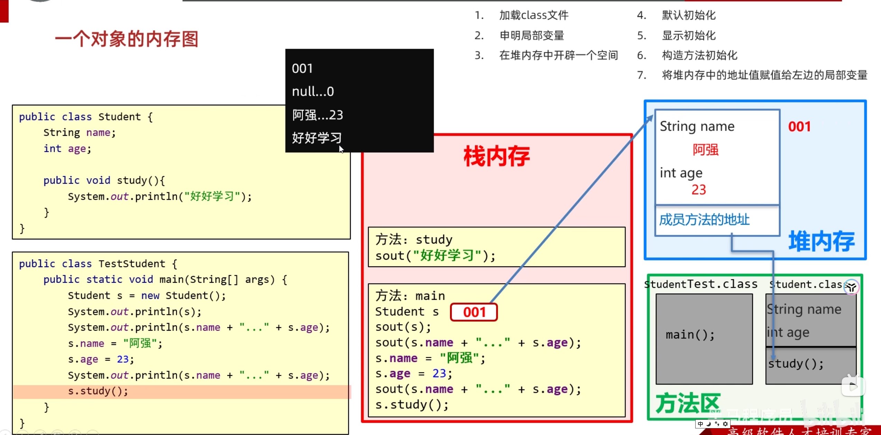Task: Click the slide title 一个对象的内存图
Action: [x=127, y=39]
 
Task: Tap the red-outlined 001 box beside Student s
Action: [x=474, y=312]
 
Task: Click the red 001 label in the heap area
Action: [x=799, y=127]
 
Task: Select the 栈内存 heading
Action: [x=496, y=157]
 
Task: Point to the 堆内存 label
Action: [x=822, y=241]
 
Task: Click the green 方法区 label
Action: [x=688, y=403]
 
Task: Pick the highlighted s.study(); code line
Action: [x=98, y=391]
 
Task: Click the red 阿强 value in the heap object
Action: [x=705, y=150]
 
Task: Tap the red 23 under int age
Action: [x=698, y=190]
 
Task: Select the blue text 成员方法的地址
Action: [x=704, y=220]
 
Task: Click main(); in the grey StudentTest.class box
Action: [x=690, y=335]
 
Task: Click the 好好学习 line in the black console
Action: [x=316, y=138]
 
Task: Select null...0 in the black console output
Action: [x=313, y=92]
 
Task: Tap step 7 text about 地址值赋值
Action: [x=764, y=75]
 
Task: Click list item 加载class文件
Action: [x=534, y=15]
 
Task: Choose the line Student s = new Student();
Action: [x=147, y=296]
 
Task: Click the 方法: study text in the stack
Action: [x=414, y=239]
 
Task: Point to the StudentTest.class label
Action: [x=701, y=284]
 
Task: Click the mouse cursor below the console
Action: [x=341, y=149]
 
